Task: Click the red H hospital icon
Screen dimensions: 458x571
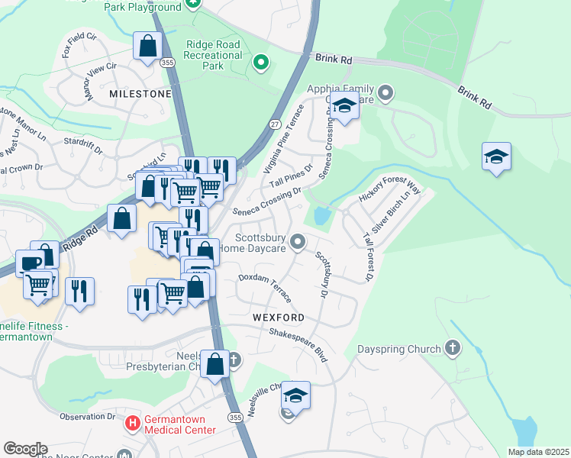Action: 132,421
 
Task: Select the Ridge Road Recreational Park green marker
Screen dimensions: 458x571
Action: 261,63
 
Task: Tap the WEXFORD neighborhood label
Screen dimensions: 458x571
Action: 275,317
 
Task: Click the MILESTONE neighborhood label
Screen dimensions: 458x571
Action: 140,93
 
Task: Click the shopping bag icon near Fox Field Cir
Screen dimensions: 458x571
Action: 147,46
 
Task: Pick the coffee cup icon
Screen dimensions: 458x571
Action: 30,264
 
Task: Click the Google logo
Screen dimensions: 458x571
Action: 25,448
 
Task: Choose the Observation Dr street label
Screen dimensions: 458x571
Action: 87,416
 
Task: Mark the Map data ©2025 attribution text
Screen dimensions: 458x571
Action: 537,452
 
